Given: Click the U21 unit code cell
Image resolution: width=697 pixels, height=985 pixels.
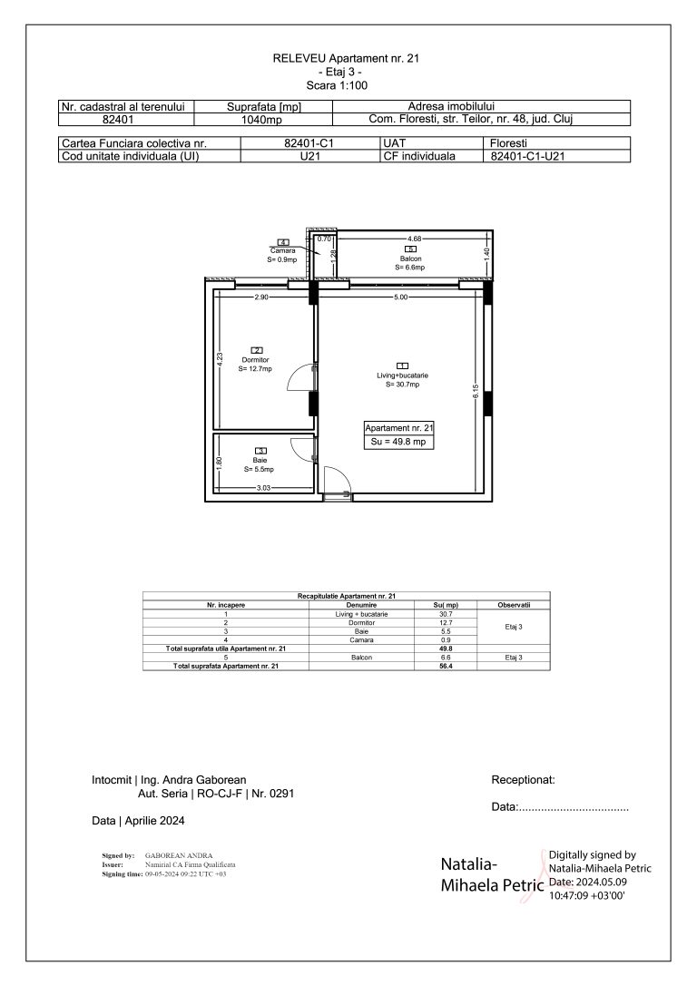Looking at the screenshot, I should [x=309, y=156].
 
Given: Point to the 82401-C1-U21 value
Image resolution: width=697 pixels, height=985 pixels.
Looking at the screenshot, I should [x=533, y=156].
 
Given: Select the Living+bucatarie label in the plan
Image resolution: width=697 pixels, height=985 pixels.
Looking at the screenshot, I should [x=402, y=375].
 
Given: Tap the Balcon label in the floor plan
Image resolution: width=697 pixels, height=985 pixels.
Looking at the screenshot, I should [x=409, y=258].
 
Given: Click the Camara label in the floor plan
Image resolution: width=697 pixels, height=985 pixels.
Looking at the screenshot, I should [x=282, y=251].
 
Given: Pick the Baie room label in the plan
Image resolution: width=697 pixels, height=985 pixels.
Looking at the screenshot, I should [x=260, y=461].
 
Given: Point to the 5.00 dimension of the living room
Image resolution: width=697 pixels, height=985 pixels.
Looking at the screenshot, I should [x=400, y=297].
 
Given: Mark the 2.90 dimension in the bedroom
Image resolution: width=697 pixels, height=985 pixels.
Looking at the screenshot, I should [x=261, y=297].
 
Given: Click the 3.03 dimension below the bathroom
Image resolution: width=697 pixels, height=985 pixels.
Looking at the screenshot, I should [x=263, y=488].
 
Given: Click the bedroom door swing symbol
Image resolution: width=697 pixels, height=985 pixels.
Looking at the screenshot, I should [x=299, y=381].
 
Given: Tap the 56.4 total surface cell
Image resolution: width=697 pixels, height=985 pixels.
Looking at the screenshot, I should [x=446, y=667].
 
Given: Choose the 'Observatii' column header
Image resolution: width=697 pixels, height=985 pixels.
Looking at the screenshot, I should [x=514, y=604].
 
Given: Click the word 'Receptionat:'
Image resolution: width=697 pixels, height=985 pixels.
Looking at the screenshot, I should [x=523, y=779].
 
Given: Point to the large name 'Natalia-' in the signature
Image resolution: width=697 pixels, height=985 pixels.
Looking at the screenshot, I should [x=473, y=863].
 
